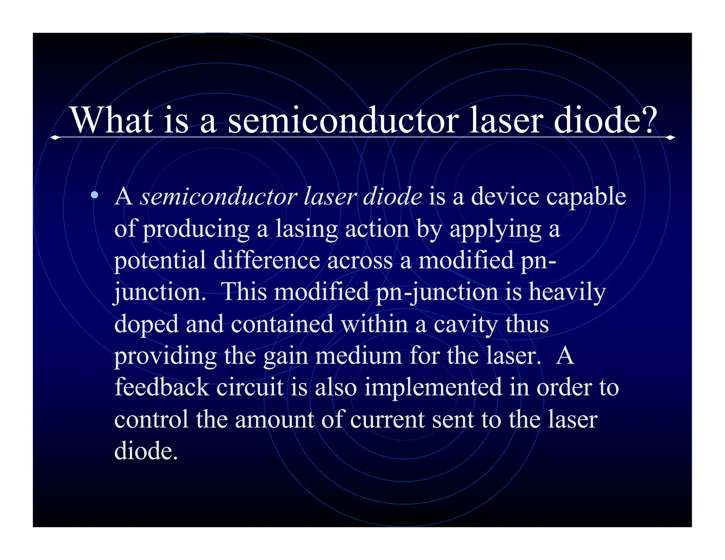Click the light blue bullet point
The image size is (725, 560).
[94, 195]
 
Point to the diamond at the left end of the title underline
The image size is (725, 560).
[55, 137]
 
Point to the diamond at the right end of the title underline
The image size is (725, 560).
[670, 137]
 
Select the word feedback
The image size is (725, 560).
[162, 387]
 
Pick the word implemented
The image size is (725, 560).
[433, 388]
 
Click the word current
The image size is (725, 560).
[387, 419]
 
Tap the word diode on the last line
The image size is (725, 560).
[145, 451]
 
